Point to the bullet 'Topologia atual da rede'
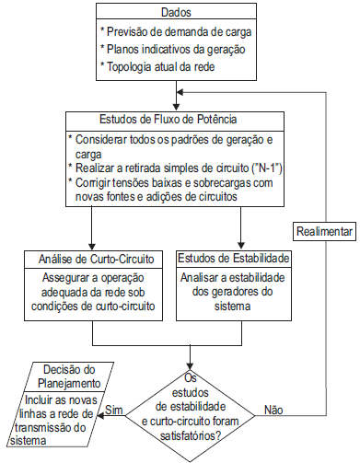(166, 68)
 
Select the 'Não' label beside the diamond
(274, 409)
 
